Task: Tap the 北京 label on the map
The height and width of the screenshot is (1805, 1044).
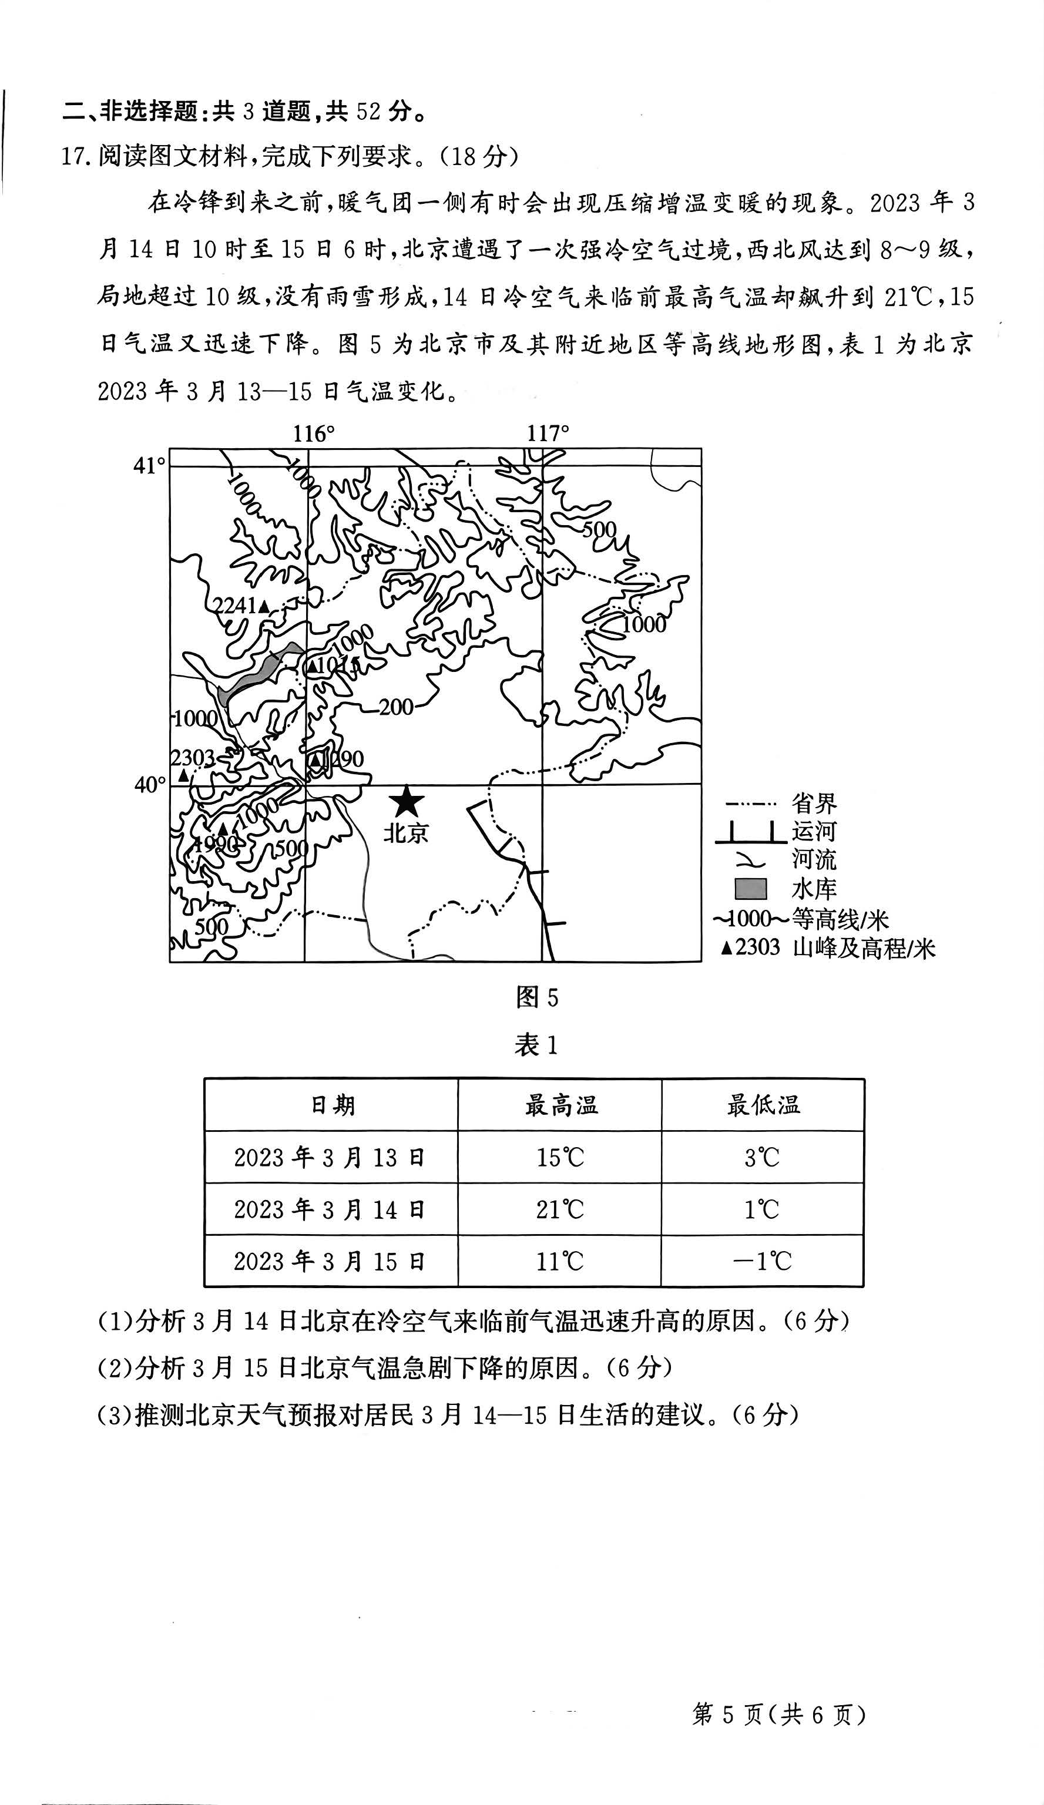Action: [405, 833]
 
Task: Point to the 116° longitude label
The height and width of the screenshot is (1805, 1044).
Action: [313, 433]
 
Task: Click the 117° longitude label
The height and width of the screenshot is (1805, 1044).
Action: [548, 433]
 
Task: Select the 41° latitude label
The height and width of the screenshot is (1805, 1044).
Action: [149, 466]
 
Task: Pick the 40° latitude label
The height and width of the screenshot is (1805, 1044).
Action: [149, 785]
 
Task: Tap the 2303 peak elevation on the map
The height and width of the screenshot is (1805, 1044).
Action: [192, 758]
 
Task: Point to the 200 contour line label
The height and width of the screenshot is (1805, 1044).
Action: [395, 707]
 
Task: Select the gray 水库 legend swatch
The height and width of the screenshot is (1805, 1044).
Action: [750, 889]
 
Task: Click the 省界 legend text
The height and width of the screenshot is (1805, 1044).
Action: [814, 803]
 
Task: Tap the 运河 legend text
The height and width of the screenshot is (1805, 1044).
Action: [814, 832]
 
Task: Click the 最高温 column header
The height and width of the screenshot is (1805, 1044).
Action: [560, 1105]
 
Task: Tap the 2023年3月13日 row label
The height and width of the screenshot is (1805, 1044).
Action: [330, 1158]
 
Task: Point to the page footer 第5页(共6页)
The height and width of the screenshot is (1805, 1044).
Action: [779, 1714]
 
